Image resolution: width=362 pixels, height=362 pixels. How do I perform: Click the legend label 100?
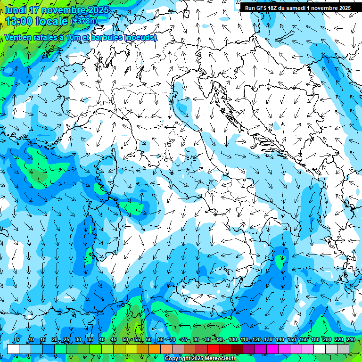(x=233, y=339)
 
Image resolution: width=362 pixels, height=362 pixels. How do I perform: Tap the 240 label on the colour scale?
(x=350, y=339)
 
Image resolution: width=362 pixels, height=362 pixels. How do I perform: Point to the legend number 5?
(x=18, y=339)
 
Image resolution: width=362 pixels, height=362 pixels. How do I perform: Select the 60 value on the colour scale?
(x=149, y=339)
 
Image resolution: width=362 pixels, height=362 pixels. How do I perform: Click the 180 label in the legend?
(x=315, y=339)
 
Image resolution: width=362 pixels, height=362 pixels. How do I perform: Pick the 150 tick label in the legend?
(x=291, y=339)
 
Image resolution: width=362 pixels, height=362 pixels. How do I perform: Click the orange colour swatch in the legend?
(x=155, y=349)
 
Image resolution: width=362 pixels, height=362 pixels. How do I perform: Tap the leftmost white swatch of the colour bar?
(x=13, y=349)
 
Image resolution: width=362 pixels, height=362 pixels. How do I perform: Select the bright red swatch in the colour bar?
(x=214, y=349)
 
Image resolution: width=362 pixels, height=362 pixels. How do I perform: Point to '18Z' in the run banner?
(x=277, y=8)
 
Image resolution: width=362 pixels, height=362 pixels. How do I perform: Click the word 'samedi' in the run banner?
(x=304, y=8)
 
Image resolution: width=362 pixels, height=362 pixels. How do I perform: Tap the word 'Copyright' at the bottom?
(x=178, y=359)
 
